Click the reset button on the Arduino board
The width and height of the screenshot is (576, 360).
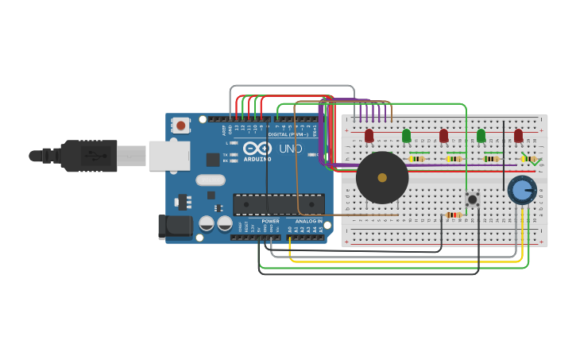point(181,126)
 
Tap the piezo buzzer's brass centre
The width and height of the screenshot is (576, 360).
point(382,178)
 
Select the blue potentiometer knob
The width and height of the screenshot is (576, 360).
point(522,190)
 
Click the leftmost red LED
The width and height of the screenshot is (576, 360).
point(369,136)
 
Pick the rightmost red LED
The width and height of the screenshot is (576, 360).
point(519,136)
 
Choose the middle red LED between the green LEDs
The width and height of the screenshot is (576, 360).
point(443,136)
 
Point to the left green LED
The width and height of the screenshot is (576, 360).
point(406,136)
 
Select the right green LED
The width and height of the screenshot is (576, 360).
point(481,136)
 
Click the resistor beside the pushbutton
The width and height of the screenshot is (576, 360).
point(453,215)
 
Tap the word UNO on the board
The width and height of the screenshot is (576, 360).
point(290,149)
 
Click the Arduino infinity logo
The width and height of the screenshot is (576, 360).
point(257,148)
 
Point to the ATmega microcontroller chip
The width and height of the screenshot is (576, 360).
point(278,204)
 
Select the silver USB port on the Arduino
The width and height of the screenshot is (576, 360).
point(169,156)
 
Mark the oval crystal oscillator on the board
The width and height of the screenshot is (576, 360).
point(211,180)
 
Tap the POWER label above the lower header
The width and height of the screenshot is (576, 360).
point(270,221)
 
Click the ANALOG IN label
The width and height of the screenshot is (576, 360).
point(309,221)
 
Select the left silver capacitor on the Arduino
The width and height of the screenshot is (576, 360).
point(207,223)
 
